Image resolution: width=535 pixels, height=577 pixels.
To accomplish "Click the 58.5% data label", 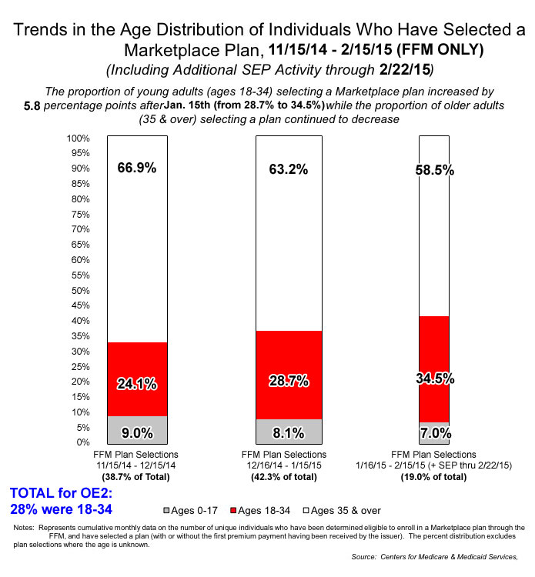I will tap(433, 170).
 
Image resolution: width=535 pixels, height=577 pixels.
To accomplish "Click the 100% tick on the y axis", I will tap(79, 138).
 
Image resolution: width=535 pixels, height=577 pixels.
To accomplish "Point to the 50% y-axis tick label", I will tap(81, 291).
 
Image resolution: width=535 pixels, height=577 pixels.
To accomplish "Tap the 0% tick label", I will tap(85, 442).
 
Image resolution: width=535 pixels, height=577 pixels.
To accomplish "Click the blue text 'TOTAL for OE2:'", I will tap(59, 493).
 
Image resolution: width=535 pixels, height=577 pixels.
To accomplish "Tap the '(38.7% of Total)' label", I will tap(137, 477).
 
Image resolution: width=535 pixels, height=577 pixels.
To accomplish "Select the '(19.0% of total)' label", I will tap(433, 477).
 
